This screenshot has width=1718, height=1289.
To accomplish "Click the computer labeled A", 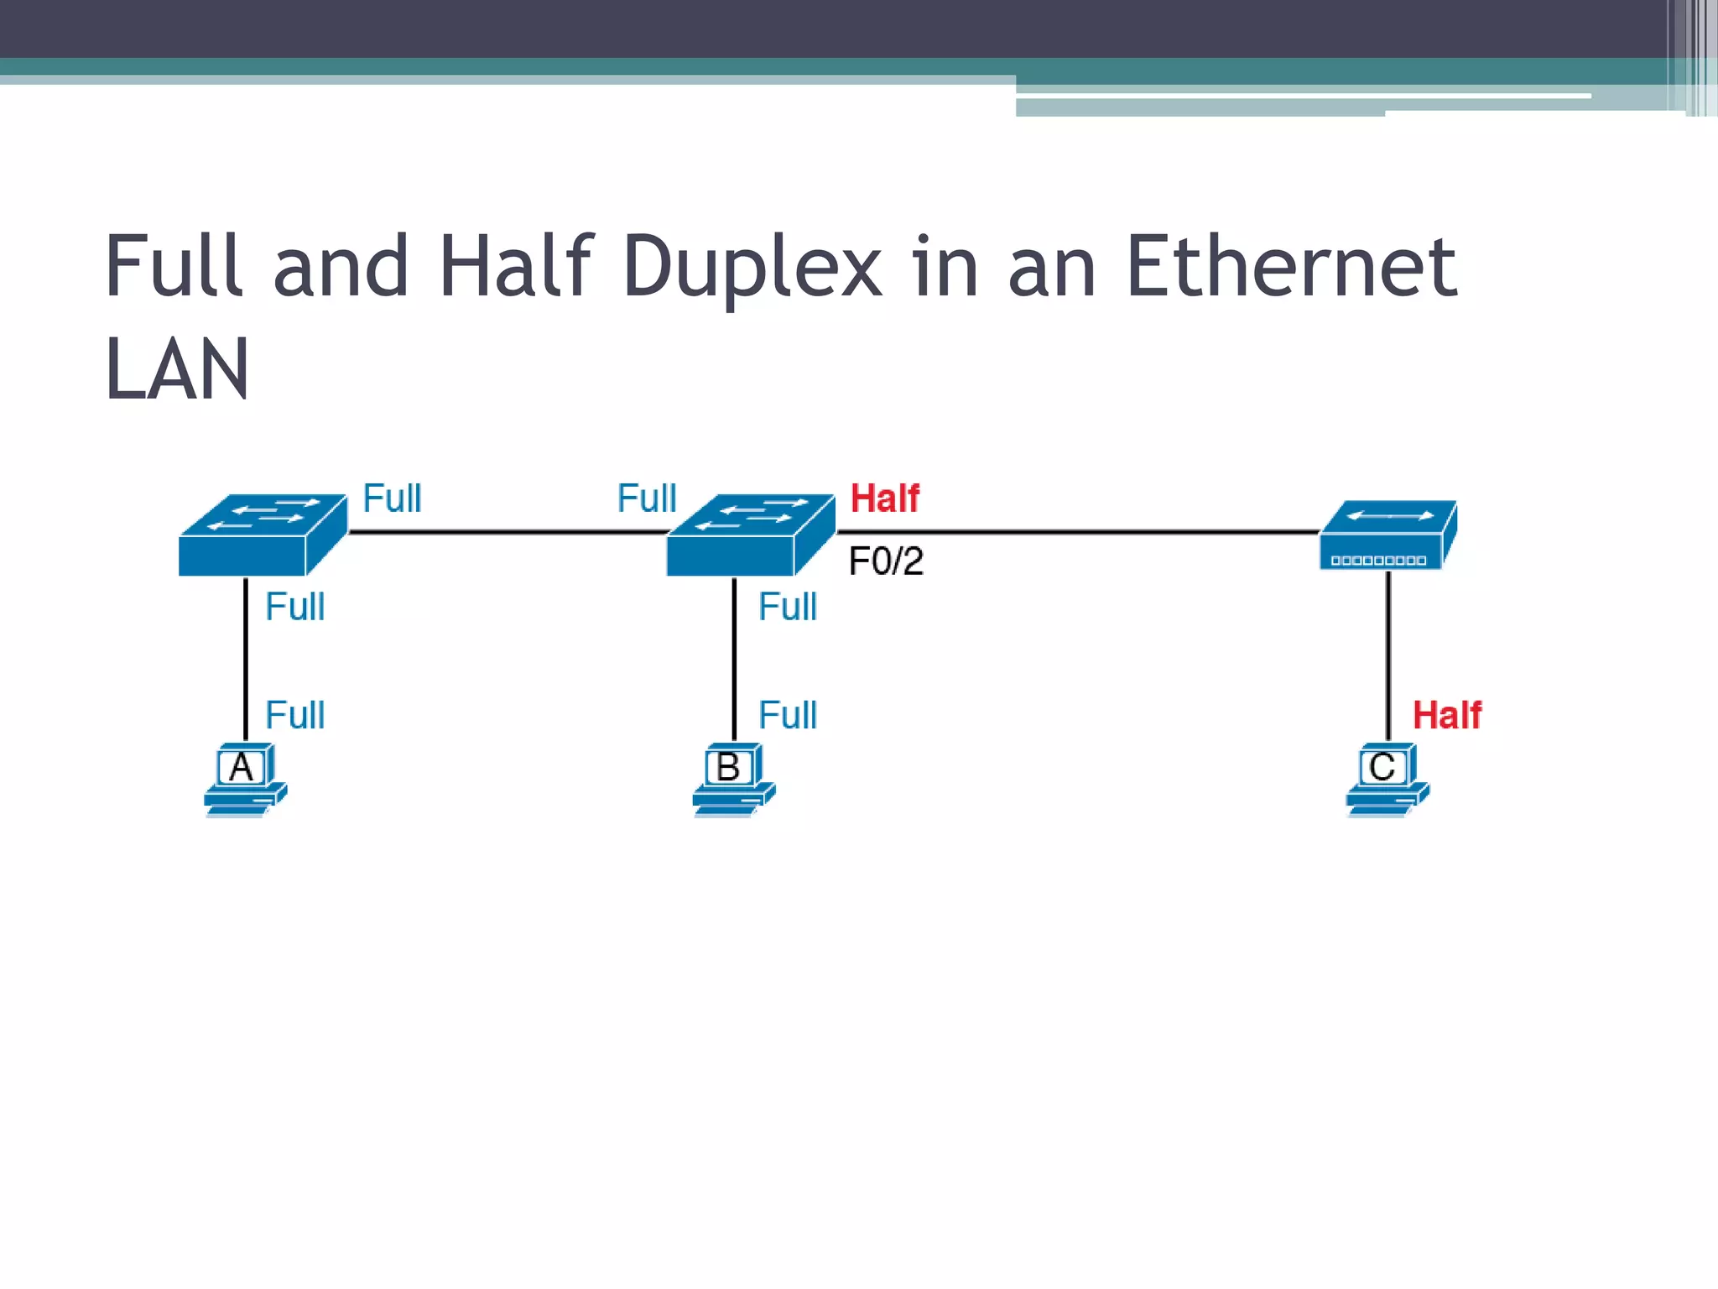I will (244, 779).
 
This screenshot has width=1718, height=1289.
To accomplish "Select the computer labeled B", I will (732, 779).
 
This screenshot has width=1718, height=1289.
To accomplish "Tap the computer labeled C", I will (1387, 779).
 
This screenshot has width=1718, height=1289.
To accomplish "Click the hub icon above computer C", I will (1388, 535).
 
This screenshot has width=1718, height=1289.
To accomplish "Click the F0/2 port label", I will (886, 561).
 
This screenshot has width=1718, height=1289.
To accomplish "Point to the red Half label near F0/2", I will (885, 498).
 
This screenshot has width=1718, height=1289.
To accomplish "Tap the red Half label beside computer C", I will (1447, 716).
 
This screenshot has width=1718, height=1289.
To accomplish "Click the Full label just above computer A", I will (294, 716).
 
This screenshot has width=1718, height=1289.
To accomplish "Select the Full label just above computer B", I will (788, 716).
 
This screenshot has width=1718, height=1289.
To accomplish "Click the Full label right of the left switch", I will (392, 498).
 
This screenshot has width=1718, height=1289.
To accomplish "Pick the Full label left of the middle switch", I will (647, 498).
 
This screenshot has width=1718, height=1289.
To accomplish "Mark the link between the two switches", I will (508, 531).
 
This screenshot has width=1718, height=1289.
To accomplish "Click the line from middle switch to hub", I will (1078, 531).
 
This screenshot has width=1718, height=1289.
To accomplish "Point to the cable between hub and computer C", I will (1388, 655).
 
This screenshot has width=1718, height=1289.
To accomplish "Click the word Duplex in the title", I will (752, 267).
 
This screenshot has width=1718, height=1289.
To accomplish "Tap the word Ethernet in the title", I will (1292, 267).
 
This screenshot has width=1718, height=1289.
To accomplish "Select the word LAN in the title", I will (177, 369).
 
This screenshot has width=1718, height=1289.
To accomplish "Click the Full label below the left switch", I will (294, 607).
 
